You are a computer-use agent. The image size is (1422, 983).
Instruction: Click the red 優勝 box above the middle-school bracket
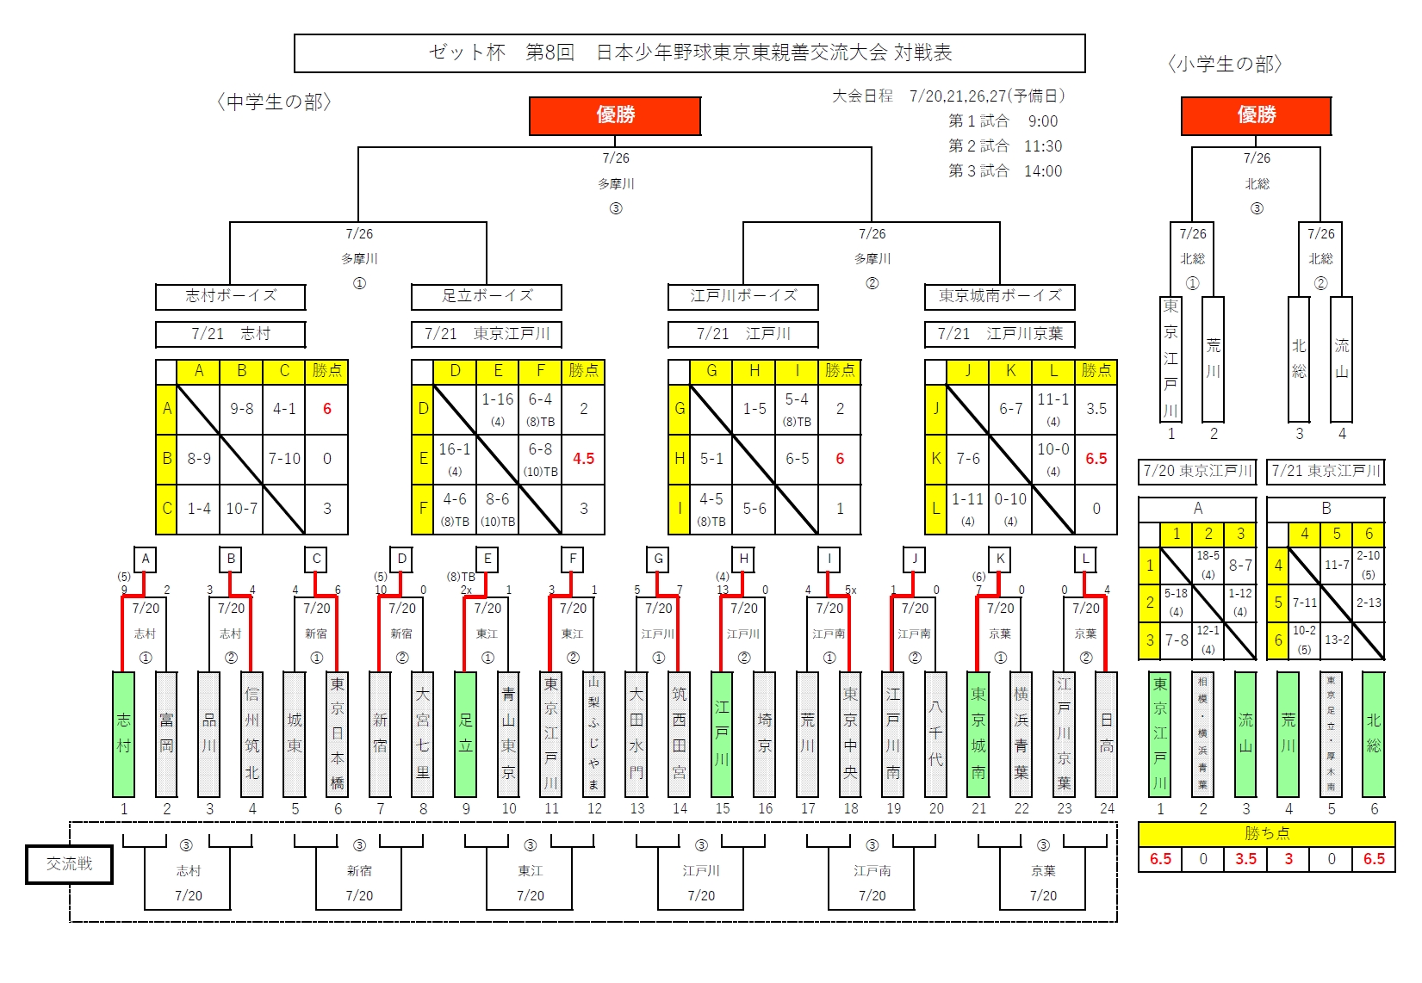[615, 115]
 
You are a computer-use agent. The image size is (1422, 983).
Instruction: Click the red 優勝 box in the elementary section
[1256, 115]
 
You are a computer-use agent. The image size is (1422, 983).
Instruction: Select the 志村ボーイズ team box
[231, 296]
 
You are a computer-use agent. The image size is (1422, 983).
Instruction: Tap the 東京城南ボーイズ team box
[1000, 296]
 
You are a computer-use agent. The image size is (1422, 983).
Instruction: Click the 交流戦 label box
[69, 864]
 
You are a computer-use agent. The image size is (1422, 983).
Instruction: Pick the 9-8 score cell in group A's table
[241, 409]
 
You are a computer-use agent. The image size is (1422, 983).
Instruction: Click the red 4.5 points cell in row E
[583, 459]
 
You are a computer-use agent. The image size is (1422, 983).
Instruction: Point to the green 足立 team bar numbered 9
[465, 734]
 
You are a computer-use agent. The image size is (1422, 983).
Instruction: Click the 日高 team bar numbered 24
[1107, 734]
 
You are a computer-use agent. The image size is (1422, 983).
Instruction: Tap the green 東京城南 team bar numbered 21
[978, 734]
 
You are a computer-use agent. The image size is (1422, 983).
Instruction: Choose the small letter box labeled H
[743, 559]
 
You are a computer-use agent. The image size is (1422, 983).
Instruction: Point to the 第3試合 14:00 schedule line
[1005, 171]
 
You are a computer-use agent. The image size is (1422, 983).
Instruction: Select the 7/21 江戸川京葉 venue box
[1000, 334]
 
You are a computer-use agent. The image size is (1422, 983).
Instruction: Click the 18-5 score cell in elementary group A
[1208, 564]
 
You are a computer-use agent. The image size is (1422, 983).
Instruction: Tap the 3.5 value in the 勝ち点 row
[1245, 859]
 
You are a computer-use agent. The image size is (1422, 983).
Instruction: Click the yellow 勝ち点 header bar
[1266, 833]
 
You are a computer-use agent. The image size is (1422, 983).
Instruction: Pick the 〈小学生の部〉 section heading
[1225, 65]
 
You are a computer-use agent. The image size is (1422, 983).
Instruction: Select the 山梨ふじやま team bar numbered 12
[593, 734]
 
